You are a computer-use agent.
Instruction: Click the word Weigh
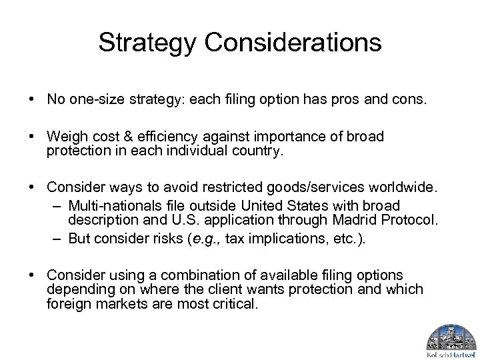click(64, 137)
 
